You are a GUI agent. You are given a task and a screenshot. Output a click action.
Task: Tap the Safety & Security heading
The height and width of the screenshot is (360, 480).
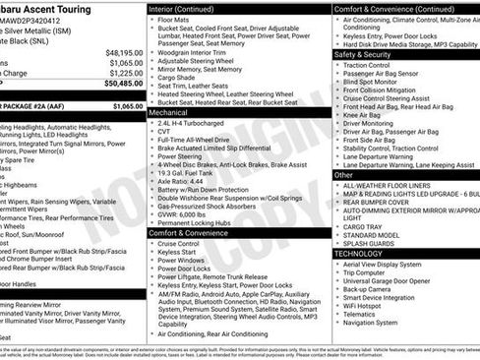pyautogui.click(x=369, y=54)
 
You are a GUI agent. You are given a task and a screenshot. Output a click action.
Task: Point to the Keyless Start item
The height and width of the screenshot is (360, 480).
pyautogui.click(x=178, y=252)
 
